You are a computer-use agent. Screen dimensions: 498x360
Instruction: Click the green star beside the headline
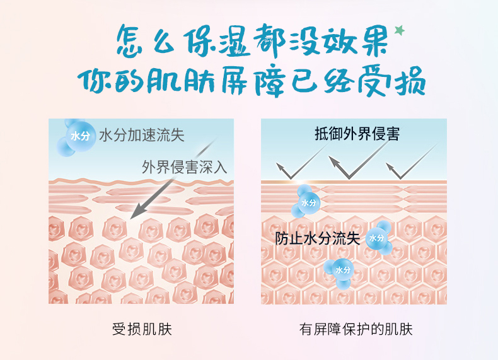coord(400,30)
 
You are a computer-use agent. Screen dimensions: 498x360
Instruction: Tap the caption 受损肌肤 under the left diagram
coord(142,329)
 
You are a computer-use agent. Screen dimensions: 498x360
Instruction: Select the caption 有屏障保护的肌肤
coord(356,329)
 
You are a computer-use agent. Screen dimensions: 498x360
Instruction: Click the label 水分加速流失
coord(142,135)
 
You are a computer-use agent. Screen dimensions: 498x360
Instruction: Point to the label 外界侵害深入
coord(185,167)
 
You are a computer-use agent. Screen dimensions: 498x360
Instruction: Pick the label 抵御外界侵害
coord(357,134)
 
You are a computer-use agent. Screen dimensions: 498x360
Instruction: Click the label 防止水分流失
coord(317,238)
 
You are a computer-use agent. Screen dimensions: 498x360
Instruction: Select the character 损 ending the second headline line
coord(410,81)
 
